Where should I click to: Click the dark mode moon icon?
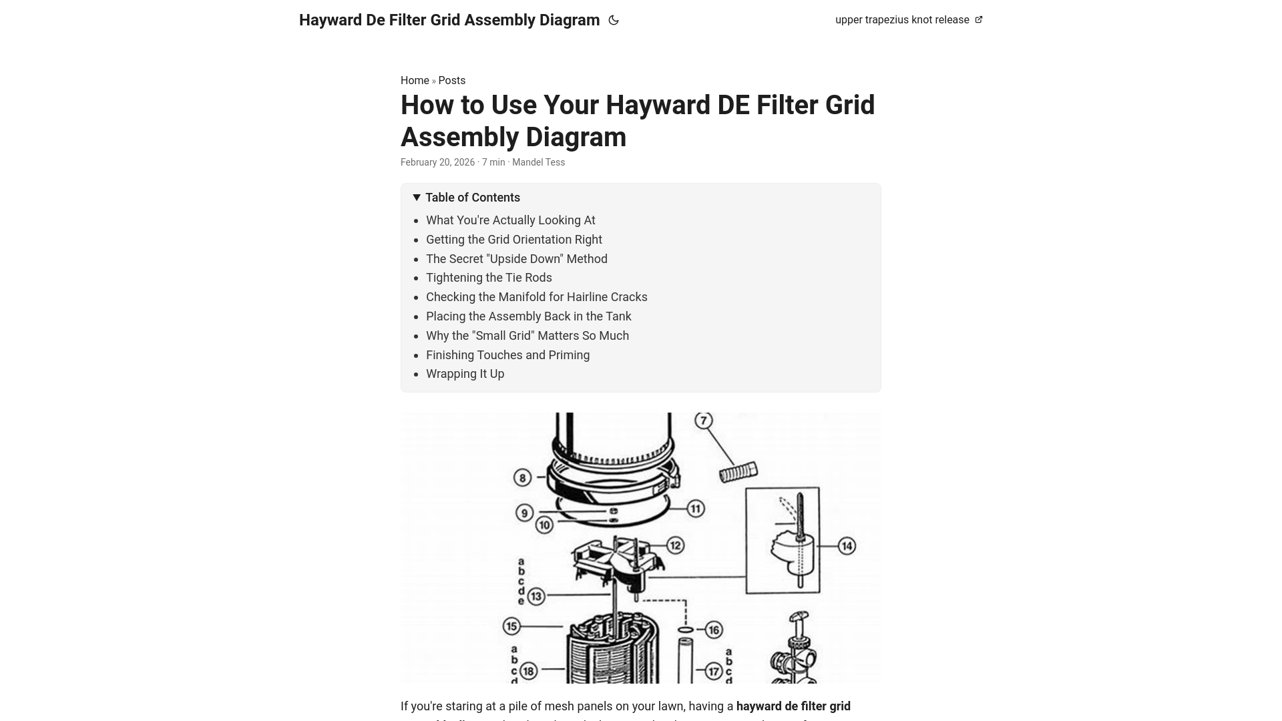(x=614, y=21)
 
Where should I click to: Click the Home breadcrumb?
(x=415, y=81)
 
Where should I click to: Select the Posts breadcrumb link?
(x=452, y=81)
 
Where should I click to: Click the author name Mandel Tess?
(x=538, y=162)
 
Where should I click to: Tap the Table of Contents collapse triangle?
(x=417, y=198)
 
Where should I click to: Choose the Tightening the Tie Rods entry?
(x=489, y=278)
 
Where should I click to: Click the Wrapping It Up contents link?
(x=465, y=374)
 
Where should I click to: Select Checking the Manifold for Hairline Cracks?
(x=536, y=297)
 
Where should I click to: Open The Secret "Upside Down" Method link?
(x=516, y=259)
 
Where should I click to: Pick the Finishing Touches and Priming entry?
(x=507, y=355)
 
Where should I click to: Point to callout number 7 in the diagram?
(x=703, y=421)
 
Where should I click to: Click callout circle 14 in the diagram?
(x=847, y=546)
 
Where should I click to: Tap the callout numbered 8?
(x=522, y=477)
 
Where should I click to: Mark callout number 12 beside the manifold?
(x=675, y=545)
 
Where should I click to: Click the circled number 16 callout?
(x=714, y=630)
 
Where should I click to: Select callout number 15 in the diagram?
(x=512, y=626)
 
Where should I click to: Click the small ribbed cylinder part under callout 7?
(x=738, y=471)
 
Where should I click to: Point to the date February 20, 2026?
(x=437, y=162)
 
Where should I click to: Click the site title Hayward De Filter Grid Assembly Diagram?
(x=449, y=20)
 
